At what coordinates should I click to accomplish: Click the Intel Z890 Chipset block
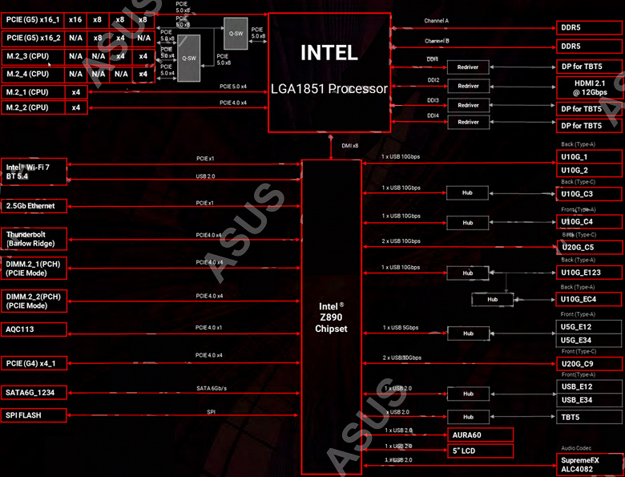[333, 317]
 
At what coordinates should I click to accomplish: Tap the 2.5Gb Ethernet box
[33, 206]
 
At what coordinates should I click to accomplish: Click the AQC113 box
[33, 329]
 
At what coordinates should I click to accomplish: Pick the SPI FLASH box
[33, 415]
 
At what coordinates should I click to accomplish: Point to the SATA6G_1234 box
[33, 392]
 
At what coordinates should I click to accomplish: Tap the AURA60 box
[478, 435]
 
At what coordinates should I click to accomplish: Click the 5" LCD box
[478, 451]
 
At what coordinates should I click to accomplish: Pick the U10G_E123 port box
[590, 273]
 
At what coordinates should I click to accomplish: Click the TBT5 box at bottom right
[590, 417]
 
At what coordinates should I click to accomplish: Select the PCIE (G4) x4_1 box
[33, 363]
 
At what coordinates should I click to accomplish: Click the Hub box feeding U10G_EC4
[493, 299]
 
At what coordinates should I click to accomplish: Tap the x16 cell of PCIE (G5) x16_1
[76, 18]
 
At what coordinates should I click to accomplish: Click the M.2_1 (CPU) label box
[33, 91]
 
